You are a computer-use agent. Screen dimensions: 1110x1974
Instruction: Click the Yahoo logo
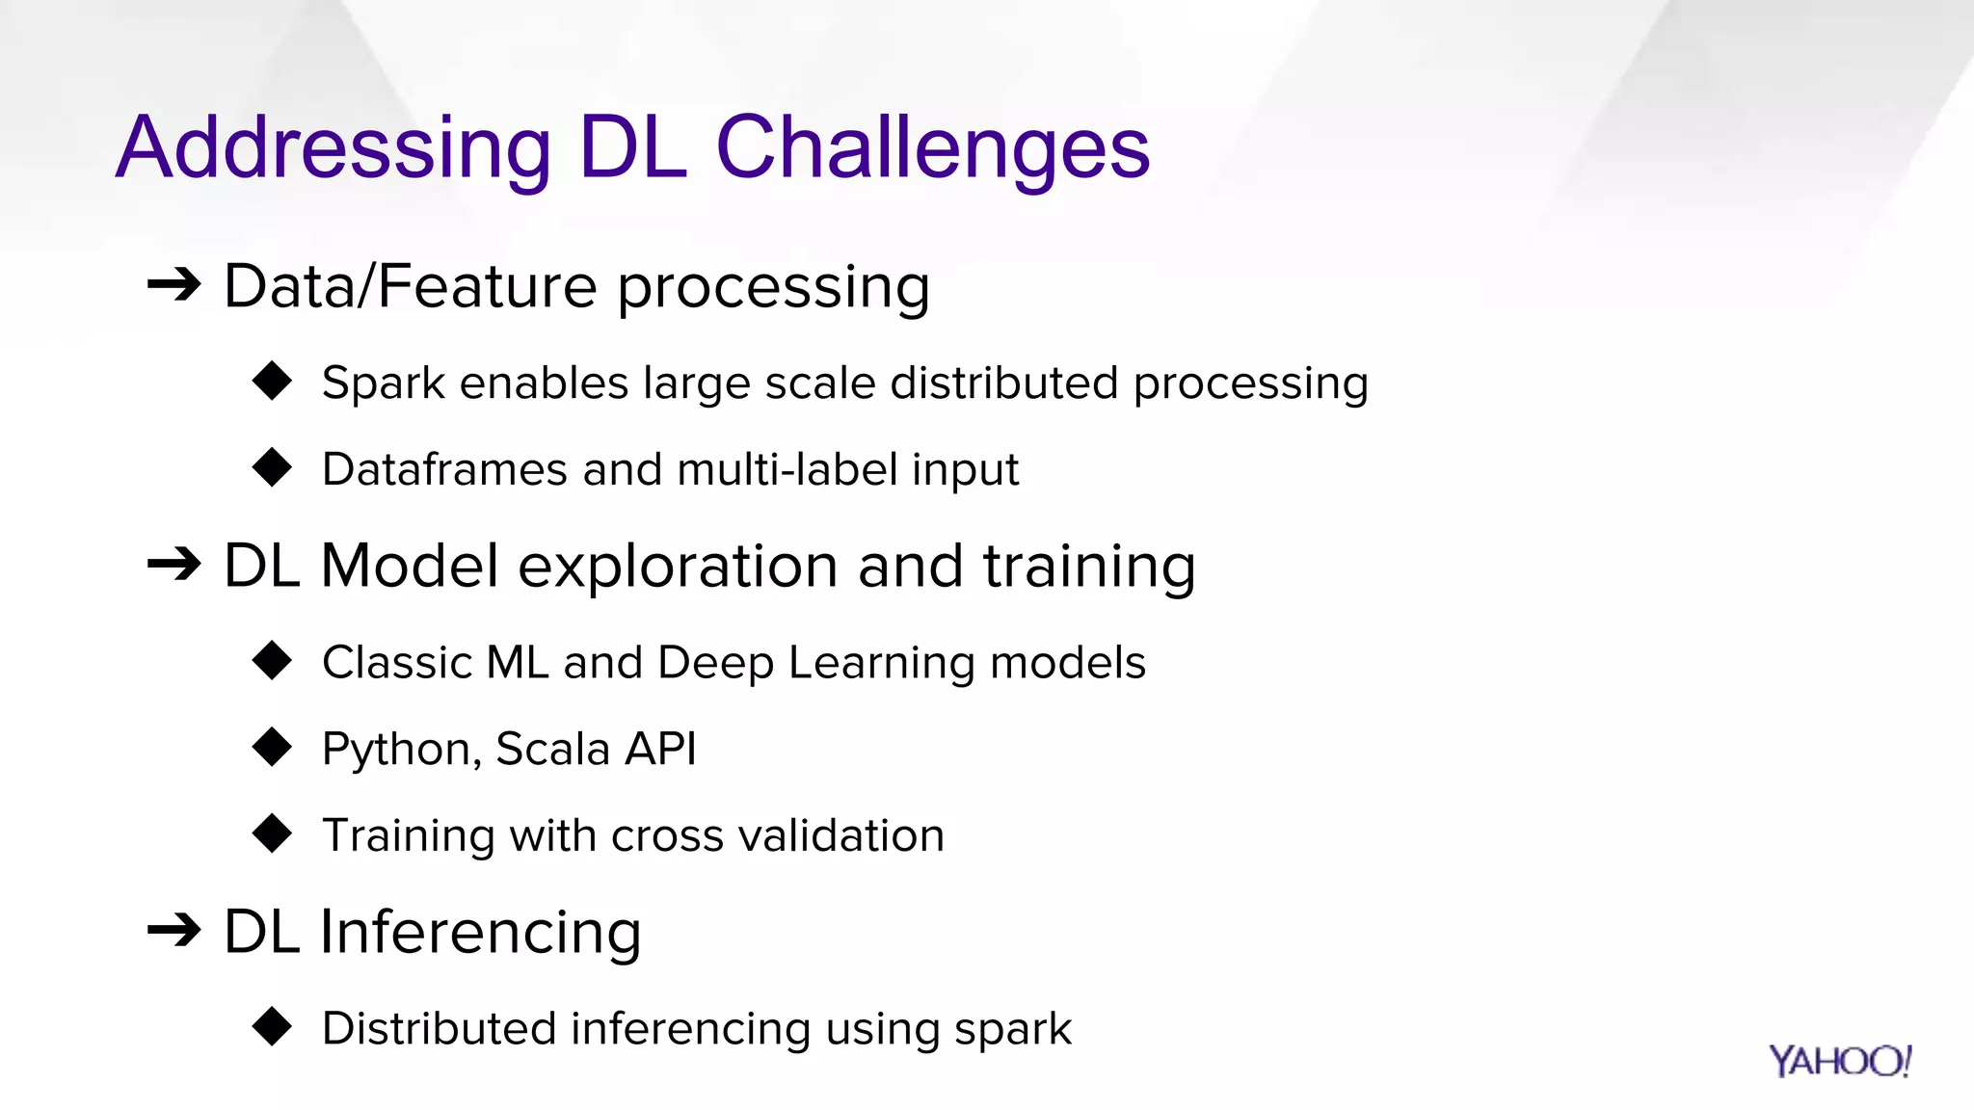[x=1839, y=1061]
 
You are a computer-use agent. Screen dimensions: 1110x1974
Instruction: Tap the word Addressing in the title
[x=333, y=149]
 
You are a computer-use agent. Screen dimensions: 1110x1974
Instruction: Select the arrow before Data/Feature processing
[x=174, y=285]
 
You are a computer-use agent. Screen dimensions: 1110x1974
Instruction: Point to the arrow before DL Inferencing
[x=174, y=931]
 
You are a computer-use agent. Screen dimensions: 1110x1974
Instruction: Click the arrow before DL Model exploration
[x=174, y=565]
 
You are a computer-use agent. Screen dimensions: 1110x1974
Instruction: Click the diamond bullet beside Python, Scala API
[x=272, y=748]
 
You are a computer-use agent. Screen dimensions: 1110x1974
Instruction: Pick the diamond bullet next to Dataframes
[x=272, y=468]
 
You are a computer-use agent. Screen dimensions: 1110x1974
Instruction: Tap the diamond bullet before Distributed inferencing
[x=272, y=1027]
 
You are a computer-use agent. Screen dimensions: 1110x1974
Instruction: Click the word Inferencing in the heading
[x=480, y=933]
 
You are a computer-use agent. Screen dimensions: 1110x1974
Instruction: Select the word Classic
[x=397, y=663]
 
